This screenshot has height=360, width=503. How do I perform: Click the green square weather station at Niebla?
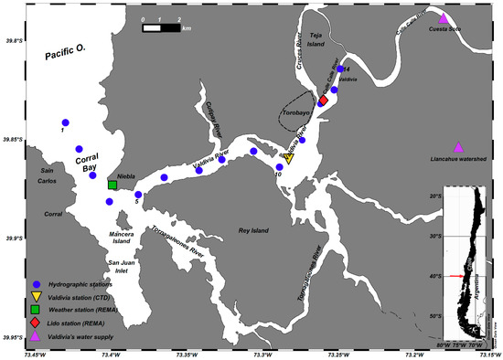tap(112, 185)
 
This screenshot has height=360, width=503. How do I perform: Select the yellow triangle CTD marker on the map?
tap(288, 158)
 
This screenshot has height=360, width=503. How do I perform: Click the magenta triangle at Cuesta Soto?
tap(444, 18)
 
